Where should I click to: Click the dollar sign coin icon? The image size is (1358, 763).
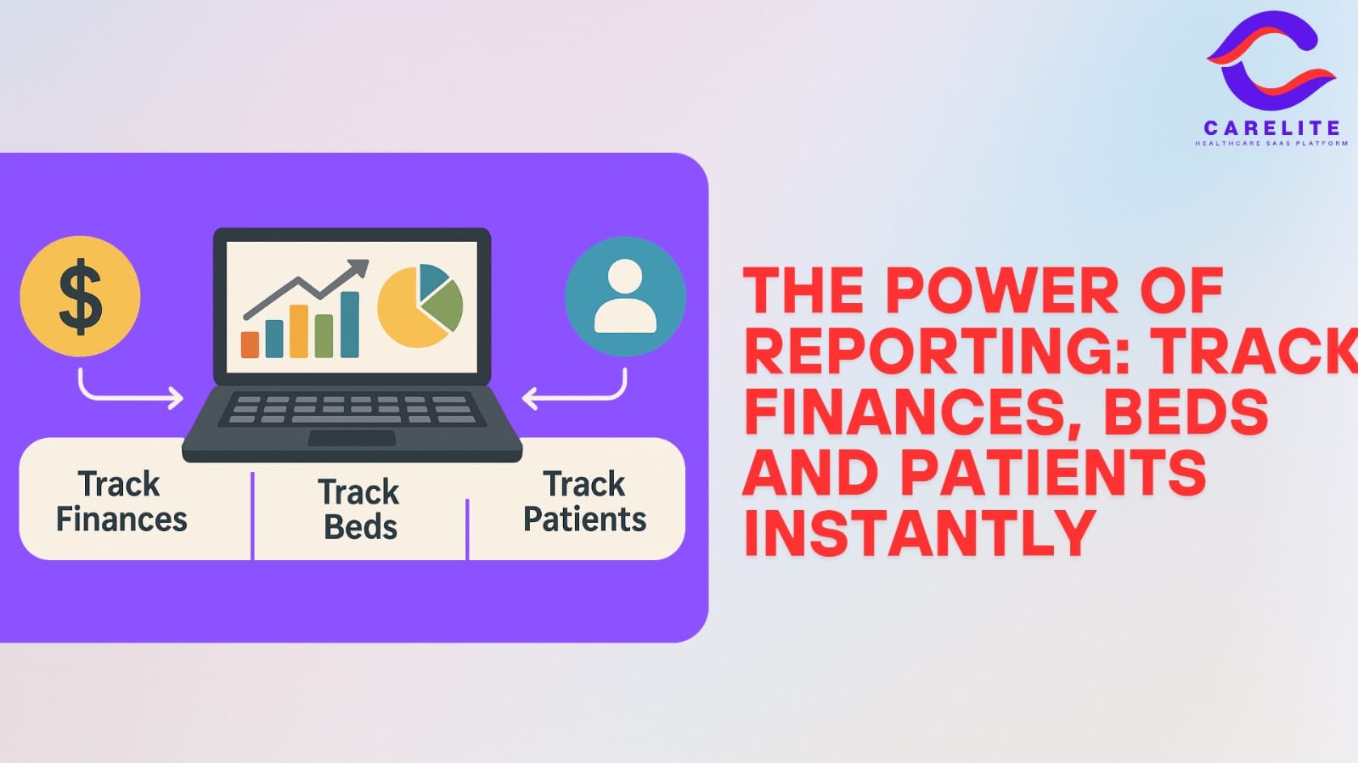80,296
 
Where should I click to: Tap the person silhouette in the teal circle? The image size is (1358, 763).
625,296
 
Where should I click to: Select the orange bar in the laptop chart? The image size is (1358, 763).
250,345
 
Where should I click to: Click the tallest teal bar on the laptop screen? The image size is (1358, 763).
350,324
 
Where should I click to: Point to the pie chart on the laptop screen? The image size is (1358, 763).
420,306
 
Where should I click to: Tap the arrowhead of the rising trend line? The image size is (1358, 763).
358,269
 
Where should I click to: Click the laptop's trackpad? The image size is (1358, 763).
352,438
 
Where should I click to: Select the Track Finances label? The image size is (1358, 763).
121,502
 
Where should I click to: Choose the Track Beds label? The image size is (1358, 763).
359,508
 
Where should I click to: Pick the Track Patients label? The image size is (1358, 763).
584,502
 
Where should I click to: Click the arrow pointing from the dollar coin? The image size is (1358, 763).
121,397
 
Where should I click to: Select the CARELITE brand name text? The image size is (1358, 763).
1272,128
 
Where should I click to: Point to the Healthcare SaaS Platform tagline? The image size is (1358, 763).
1271,143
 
